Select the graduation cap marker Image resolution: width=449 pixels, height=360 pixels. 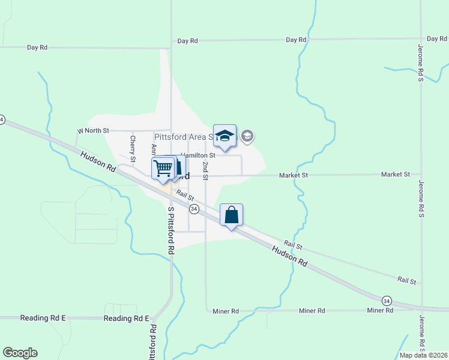click(x=224, y=136)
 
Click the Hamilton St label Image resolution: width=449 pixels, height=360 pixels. click(x=198, y=155)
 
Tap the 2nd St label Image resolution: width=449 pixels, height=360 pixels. click(x=205, y=170)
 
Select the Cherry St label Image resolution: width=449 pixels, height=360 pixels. click(x=133, y=147)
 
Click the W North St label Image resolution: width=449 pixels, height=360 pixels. click(x=93, y=130)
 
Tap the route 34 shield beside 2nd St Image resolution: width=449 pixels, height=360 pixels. click(x=194, y=208)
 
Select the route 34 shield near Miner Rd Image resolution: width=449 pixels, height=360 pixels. click(x=387, y=300)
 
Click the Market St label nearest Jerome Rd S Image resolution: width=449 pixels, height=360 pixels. click(x=396, y=175)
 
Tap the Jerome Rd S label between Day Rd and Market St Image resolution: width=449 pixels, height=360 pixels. click(x=421, y=62)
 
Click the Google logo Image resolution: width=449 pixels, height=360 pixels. click(x=20, y=353)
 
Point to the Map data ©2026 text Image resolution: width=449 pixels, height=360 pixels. click(x=423, y=355)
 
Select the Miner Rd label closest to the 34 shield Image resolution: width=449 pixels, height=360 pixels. click(x=380, y=310)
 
